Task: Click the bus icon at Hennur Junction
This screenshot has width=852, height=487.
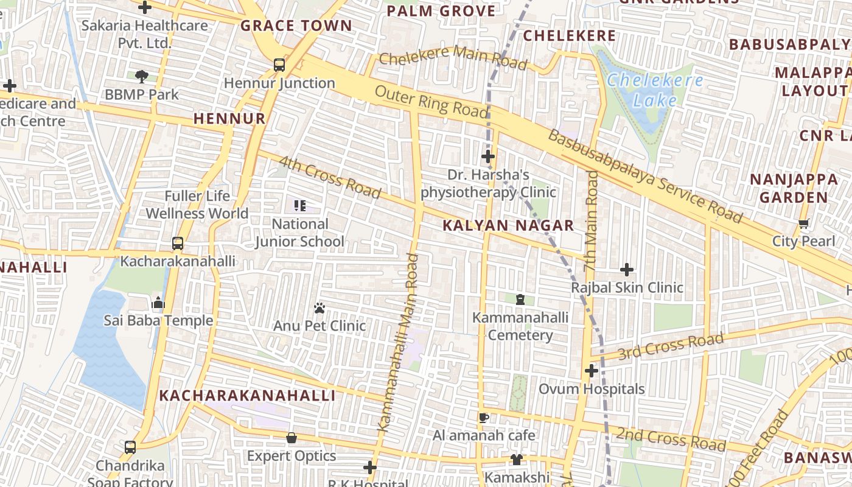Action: coord(279,65)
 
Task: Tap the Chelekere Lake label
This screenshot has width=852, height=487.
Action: coord(655,89)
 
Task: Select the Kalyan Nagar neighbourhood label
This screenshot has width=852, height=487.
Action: coord(508,225)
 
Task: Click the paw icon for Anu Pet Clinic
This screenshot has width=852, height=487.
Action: coord(319,308)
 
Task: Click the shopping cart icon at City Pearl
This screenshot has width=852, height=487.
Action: coord(803,224)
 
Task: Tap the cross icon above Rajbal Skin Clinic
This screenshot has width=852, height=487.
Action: coord(627,269)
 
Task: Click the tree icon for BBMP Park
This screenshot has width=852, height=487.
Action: coord(142,77)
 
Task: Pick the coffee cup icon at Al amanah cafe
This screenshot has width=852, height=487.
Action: coord(484,418)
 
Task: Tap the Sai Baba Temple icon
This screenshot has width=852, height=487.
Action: coord(158,303)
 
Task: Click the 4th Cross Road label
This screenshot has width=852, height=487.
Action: coord(329,177)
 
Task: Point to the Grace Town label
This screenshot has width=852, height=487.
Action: coord(296,26)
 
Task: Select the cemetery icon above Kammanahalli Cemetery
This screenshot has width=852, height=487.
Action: coord(520,300)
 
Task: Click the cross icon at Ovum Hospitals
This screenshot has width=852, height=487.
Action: coord(591,370)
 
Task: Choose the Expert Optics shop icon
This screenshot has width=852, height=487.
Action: coord(292,438)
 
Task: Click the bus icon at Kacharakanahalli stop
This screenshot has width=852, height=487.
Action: coord(177,243)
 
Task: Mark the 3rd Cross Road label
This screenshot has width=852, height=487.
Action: coord(671,346)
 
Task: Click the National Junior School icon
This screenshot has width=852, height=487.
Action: coord(299,206)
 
